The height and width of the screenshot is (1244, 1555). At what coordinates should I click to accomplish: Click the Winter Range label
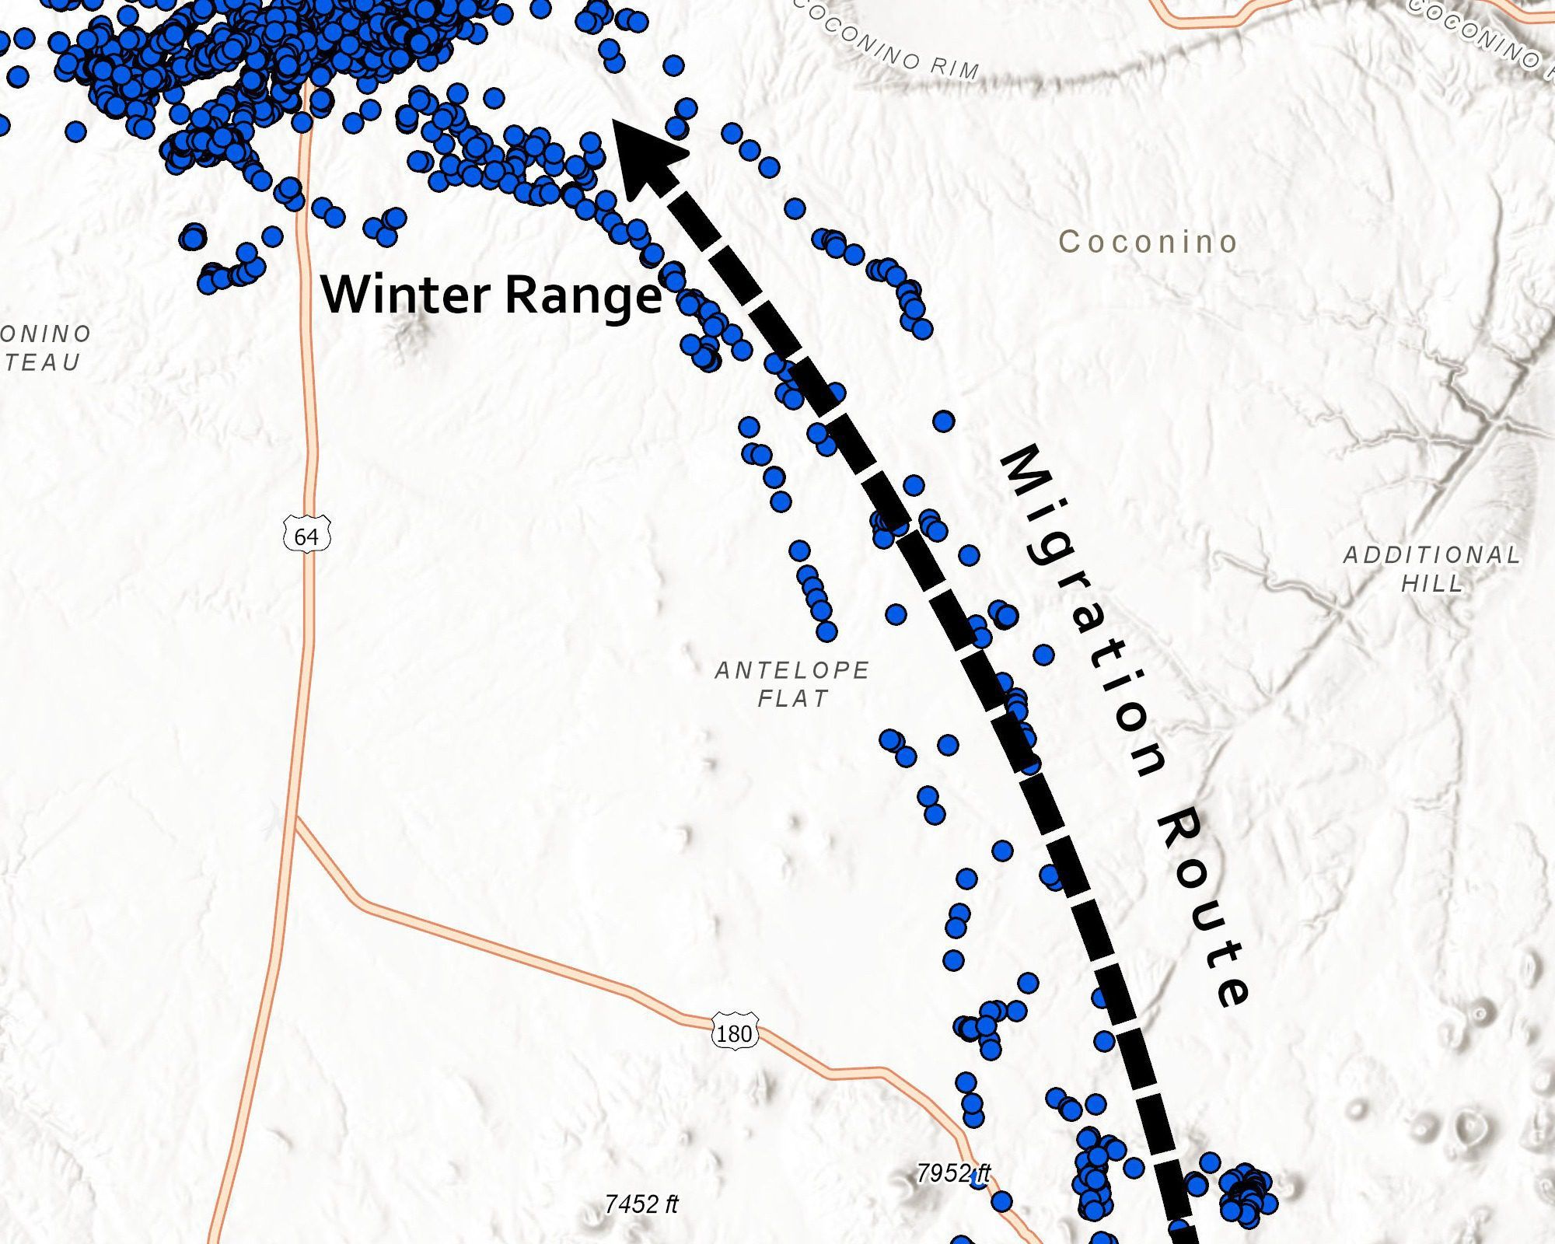coord(491,295)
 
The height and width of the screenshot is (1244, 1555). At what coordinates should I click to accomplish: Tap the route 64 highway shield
coord(307,536)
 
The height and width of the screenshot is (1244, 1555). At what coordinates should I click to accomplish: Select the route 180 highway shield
coord(734,1033)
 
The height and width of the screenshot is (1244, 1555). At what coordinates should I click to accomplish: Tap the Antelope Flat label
coord(792,684)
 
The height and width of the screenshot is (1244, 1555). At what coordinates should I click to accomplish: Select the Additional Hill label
coord(1431,569)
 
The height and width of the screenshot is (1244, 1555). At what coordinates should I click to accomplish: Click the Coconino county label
coord(1148,242)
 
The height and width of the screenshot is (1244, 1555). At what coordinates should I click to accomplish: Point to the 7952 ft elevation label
coord(952,1172)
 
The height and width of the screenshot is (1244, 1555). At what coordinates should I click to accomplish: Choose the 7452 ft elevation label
coord(641,1204)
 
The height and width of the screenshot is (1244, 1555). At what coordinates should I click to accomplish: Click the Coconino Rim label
coord(886,44)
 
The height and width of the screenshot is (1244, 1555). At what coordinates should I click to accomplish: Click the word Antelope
coord(792,670)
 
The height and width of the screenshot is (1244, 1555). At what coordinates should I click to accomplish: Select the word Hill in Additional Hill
coord(1432,584)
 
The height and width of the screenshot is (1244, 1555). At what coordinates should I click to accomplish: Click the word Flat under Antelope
coord(793,698)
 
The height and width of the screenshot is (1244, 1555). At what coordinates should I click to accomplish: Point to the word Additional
coord(1431,555)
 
